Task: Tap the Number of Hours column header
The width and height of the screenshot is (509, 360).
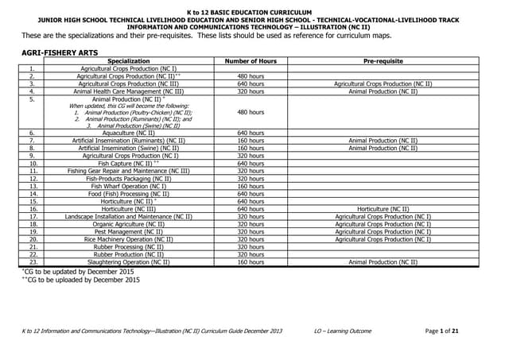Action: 251,60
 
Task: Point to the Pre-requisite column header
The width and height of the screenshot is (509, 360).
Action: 383,60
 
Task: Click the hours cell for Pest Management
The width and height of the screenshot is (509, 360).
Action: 251,231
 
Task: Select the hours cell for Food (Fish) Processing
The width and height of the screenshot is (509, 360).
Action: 251,193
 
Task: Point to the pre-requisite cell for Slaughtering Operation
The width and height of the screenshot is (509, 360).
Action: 383,261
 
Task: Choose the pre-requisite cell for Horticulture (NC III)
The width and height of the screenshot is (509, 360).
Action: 383,208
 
